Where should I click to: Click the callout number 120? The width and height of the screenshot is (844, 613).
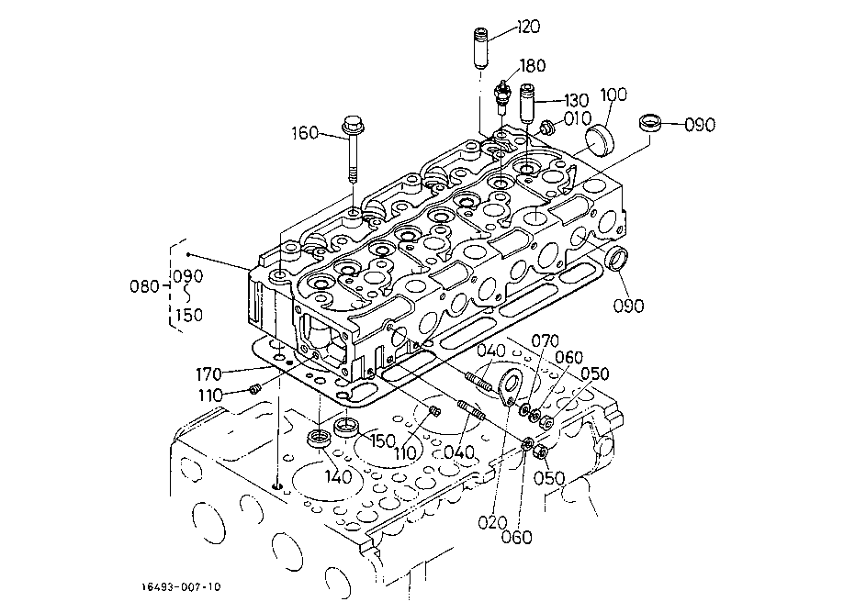[x=528, y=27]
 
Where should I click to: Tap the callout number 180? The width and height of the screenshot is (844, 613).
[x=533, y=65]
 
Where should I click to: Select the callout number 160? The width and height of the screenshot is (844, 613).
[x=305, y=133]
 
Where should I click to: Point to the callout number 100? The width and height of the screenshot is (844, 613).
[x=613, y=95]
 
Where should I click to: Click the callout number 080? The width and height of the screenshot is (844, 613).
[x=144, y=285]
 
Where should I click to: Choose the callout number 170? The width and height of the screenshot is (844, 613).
[x=208, y=373]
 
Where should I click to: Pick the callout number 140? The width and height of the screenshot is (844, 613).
[x=338, y=476]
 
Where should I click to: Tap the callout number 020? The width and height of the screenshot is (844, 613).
[x=492, y=522]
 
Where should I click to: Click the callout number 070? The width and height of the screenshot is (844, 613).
[x=545, y=341]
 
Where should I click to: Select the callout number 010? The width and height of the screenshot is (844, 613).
[x=578, y=118]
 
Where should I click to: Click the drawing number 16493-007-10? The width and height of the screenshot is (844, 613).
[x=181, y=586]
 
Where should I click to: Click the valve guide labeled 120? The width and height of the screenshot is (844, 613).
[x=479, y=48]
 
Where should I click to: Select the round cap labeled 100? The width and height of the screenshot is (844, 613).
[x=600, y=139]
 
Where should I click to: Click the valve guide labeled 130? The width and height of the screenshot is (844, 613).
[x=527, y=104]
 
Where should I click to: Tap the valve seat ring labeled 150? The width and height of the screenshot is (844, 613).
[x=347, y=426]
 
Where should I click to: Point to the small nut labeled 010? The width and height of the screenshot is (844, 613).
[x=546, y=128]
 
